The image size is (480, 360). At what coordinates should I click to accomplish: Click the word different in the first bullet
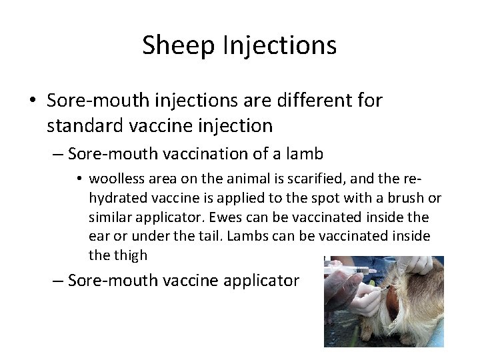[x=311, y=101]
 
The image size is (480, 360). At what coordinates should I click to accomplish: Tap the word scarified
[x=311, y=179]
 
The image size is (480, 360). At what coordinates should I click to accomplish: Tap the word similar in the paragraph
[x=109, y=217]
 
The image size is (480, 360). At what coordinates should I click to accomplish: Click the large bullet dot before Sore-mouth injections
[x=32, y=101]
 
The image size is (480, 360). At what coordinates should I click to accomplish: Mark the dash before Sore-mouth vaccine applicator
[x=58, y=280]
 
